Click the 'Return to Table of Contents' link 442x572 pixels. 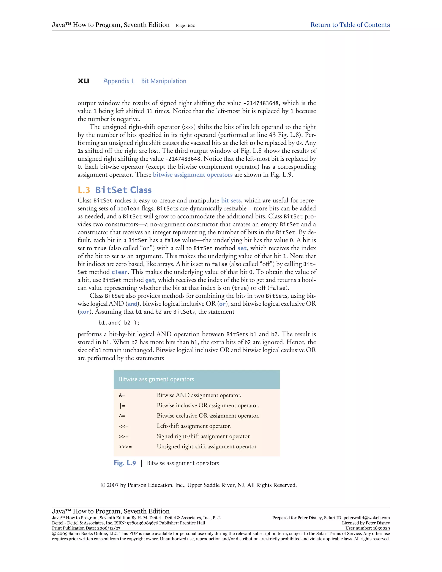pyautogui.click(x=350, y=25)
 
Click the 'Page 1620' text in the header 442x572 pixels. pyautogui.click(x=185, y=25)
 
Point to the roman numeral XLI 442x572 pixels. pyautogui.click(x=83, y=81)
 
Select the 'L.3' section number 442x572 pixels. pyautogui.click(x=84, y=190)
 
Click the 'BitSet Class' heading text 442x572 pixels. pyautogui.click(x=123, y=190)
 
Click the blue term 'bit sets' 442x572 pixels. pyautogui.click(x=231, y=201)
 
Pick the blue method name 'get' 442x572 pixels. pyautogui.click(x=150, y=280)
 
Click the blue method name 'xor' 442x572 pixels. pyautogui.click(x=84, y=312)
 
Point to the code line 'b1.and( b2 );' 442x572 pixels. pyautogui.click(x=119, y=323)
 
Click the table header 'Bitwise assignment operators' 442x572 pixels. pyautogui.click(x=156, y=379)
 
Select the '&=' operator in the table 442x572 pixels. pyautogui.click(x=122, y=395)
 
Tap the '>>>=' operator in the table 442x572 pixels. pyautogui.click(x=125, y=447)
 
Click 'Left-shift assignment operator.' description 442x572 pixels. pyautogui.click(x=194, y=426)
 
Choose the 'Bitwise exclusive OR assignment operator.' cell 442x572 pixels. pyautogui.click(x=208, y=416)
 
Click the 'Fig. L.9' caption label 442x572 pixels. pyautogui.click(x=125, y=463)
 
